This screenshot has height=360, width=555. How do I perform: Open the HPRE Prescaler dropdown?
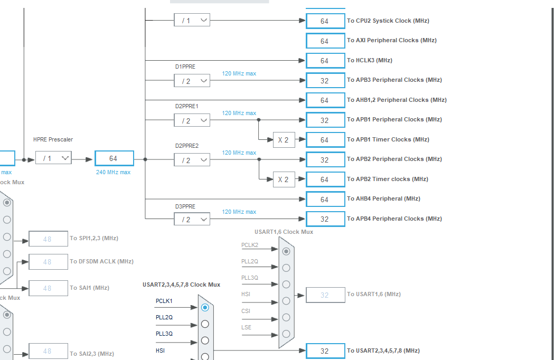click(x=53, y=158)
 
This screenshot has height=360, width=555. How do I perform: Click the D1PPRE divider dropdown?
click(x=192, y=81)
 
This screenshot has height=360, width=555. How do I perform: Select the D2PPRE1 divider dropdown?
click(x=192, y=120)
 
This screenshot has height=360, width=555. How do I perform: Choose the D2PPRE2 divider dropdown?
click(x=192, y=160)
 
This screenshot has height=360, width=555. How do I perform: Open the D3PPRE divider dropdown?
click(x=192, y=219)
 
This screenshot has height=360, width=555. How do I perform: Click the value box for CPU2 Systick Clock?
click(x=325, y=21)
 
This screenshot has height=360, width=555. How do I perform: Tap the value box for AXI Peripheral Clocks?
click(x=325, y=41)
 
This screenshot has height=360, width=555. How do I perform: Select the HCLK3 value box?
click(x=325, y=61)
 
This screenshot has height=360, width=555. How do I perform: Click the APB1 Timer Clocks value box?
click(x=325, y=140)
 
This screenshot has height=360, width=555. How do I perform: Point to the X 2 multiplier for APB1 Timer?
click(x=284, y=140)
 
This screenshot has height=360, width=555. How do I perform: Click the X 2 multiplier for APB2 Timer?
click(x=284, y=179)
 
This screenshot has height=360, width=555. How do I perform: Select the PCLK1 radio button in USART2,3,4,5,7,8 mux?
click(x=205, y=307)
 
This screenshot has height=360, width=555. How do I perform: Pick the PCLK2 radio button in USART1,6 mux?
click(x=286, y=251)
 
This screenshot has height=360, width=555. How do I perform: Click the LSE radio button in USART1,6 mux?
click(x=286, y=334)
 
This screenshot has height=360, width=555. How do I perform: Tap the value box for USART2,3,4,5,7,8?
click(x=325, y=351)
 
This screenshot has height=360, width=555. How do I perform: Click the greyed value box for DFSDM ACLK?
click(x=48, y=262)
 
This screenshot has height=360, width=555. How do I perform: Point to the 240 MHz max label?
click(x=114, y=172)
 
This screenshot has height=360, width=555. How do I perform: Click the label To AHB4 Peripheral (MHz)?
click(x=383, y=199)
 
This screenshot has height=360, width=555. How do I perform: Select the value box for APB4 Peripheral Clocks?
click(x=325, y=219)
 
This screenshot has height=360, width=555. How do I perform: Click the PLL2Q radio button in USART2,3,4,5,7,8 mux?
click(x=205, y=324)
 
